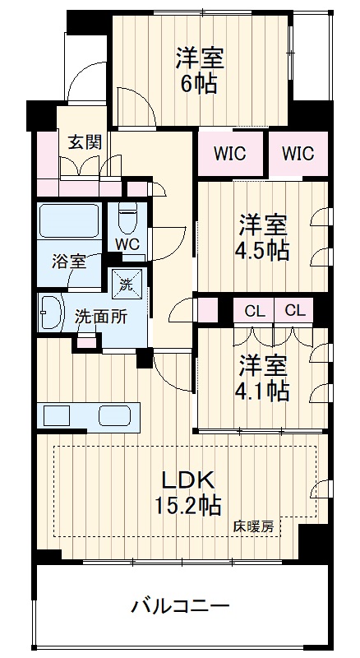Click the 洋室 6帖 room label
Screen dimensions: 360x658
pyautogui.click(x=199, y=71)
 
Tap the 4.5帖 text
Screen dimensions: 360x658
pyautogui.click(x=262, y=251)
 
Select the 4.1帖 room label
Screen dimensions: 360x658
pyautogui.click(x=262, y=392)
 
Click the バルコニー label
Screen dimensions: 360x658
pyautogui.click(x=181, y=606)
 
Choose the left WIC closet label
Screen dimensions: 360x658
pyautogui.click(x=229, y=154)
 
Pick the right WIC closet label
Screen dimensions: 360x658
pyautogui.click(x=298, y=154)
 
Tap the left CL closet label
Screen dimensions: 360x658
pyautogui.click(x=255, y=311)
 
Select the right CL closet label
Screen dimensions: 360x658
pyautogui.click(x=294, y=311)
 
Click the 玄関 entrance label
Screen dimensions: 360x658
pyautogui.click(x=85, y=142)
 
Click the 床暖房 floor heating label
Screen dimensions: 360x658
pyautogui.click(x=253, y=526)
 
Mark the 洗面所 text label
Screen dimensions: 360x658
pyautogui.click(x=101, y=317)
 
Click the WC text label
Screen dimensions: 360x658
pyautogui.click(x=128, y=245)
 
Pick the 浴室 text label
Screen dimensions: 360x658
pyautogui.click(x=69, y=262)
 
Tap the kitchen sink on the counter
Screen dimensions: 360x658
pyautogui.click(x=114, y=415)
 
